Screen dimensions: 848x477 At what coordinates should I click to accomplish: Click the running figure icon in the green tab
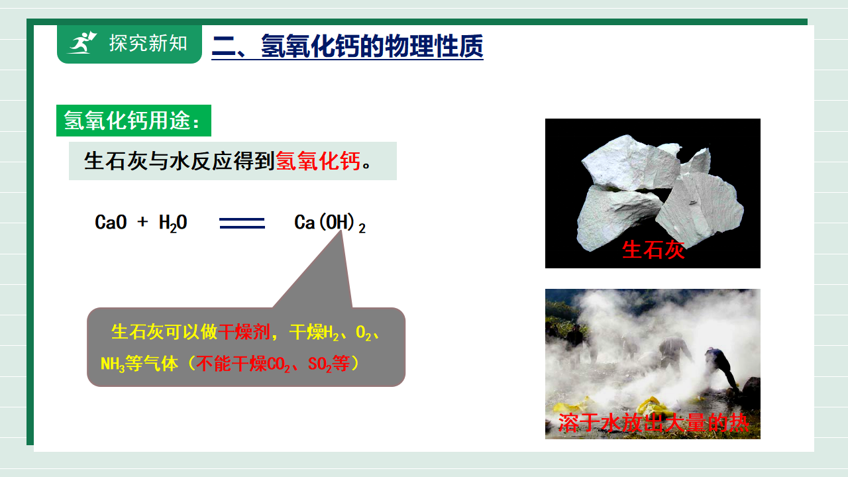82,43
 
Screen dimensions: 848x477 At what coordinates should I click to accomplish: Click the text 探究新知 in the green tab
148,43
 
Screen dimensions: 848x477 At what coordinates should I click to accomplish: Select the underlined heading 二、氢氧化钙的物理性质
347,46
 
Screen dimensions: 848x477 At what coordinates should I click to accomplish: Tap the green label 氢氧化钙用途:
134,121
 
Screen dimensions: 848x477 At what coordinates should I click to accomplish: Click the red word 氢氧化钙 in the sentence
318,161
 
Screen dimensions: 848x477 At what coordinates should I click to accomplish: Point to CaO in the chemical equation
111,222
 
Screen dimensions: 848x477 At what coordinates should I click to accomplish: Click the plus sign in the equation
142,221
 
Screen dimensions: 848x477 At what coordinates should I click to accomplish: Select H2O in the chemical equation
173,223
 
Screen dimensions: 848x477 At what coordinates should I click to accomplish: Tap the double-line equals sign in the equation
242,223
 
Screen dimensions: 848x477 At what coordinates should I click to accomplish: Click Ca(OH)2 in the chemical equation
330,223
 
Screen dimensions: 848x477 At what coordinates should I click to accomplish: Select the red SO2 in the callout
319,364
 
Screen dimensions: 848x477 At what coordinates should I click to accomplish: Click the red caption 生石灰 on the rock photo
653,250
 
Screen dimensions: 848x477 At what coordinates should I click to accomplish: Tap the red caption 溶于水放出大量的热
653,423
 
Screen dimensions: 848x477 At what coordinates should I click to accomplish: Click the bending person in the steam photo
721,368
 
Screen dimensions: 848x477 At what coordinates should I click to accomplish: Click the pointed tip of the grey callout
342,231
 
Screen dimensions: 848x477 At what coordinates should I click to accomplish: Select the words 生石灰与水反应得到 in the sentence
180,161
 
